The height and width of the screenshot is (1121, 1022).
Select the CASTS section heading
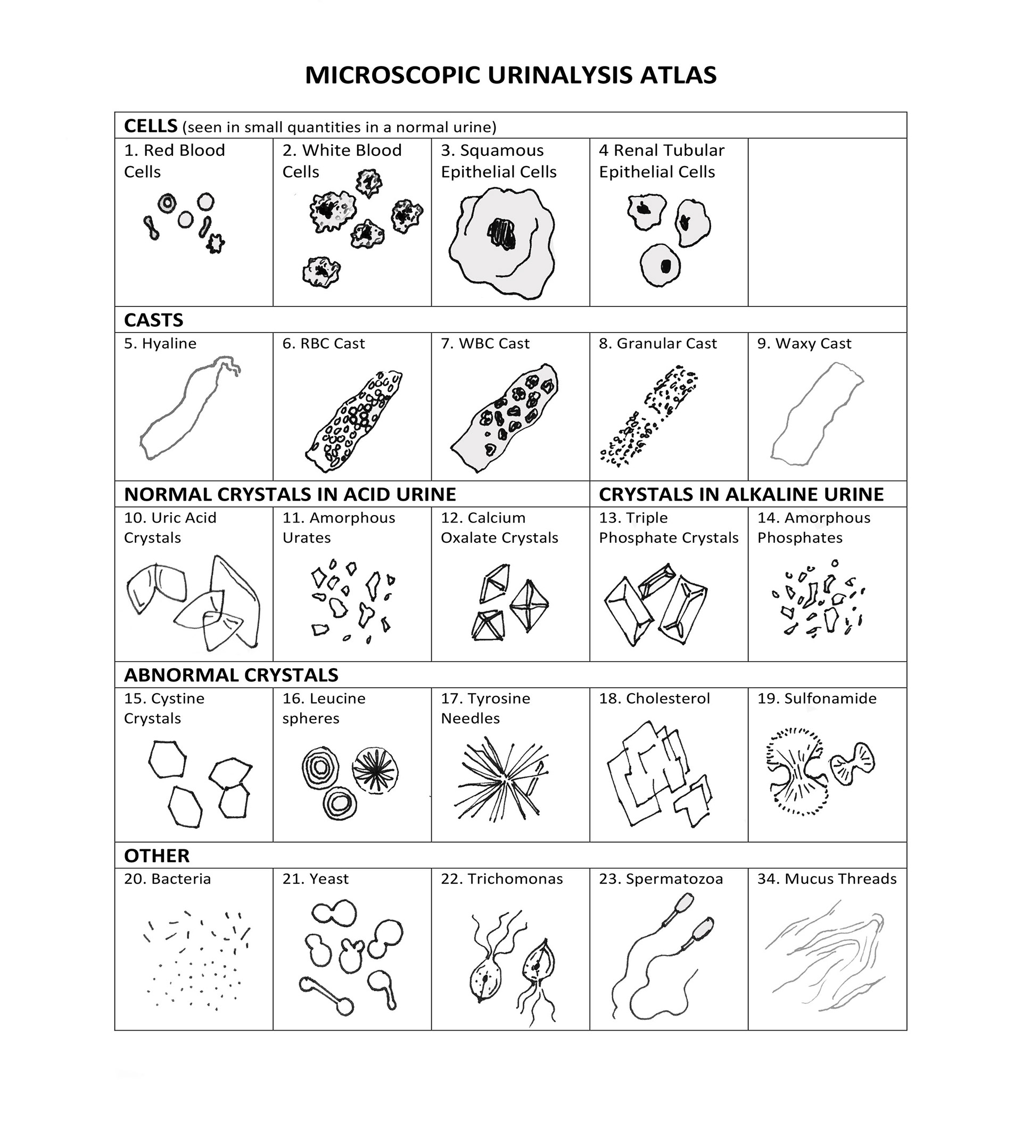tap(153, 320)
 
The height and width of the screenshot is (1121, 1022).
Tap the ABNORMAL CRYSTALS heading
tap(231, 675)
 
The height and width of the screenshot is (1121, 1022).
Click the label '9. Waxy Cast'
tap(804, 344)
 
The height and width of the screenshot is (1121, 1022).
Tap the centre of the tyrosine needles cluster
tap(502, 778)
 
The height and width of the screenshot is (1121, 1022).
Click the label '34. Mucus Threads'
tap(827, 879)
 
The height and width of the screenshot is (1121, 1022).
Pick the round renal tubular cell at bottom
tap(661, 266)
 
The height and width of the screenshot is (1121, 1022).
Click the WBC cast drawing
tap(504, 417)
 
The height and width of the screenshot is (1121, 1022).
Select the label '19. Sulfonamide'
tap(817, 699)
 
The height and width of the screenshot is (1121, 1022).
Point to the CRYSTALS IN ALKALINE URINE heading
tap(741, 494)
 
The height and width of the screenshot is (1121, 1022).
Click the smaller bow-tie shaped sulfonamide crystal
tap(852, 764)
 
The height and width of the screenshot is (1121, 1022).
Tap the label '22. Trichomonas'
tap(501, 879)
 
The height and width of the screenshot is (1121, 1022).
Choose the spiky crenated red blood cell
tap(215, 243)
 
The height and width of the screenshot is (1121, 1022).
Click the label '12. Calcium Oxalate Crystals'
tap(499, 528)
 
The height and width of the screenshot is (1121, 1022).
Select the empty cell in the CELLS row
tap(827, 222)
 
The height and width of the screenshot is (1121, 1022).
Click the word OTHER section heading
tap(157, 856)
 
